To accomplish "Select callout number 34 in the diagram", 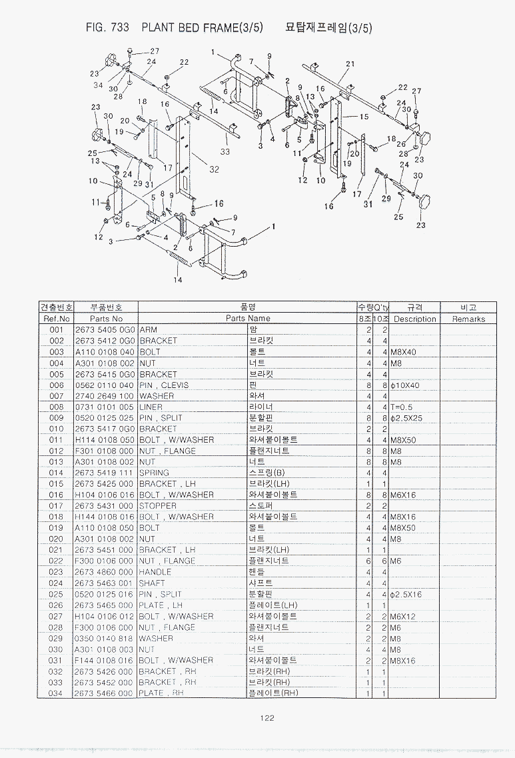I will tap(98, 85).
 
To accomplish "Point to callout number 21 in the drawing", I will tap(350, 64).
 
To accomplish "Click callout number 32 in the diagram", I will tap(214, 169).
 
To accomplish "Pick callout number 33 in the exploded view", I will tap(225, 151).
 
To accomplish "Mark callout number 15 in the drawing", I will tap(364, 117).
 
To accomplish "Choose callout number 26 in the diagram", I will tap(401, 143).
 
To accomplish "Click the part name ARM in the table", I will tap(148, 329).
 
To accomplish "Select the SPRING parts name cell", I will tap(154, 473).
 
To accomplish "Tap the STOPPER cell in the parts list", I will tap(158, 506).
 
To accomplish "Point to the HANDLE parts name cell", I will tap(155, 572).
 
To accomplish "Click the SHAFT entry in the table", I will tap(152, 583).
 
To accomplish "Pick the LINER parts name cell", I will tap(151, 407).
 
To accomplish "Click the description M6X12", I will tap(402, 617).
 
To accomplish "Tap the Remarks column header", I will tap(468, 319).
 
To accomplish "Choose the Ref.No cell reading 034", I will tap(56, 693).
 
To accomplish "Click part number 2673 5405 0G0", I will tap(105, 329).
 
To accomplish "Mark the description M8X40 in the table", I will tap(402, 351).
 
